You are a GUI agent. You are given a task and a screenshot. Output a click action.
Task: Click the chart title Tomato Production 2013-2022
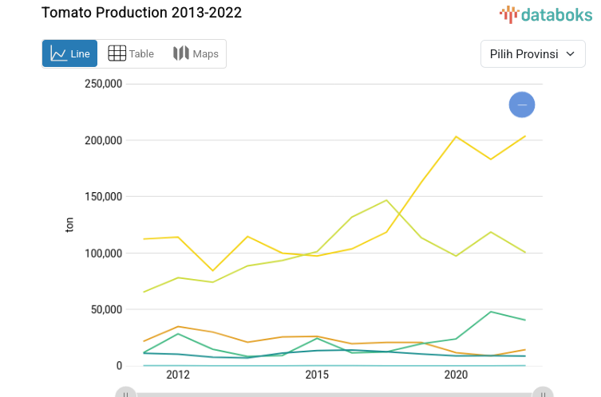[141, 13]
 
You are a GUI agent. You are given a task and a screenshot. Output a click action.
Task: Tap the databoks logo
[546, 14]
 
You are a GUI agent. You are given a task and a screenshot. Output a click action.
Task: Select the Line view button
[70, 54]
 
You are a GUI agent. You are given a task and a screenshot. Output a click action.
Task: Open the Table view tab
[131, 54]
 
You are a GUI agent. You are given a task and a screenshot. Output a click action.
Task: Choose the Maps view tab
[196, 54]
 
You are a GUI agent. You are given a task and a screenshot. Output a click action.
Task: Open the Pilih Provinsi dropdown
[532, 54]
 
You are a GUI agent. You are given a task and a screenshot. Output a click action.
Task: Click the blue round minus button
[522, 104]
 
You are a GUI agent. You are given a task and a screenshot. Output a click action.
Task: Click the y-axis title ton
[69, 226]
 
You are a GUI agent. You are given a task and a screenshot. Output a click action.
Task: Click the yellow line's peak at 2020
[456, 136]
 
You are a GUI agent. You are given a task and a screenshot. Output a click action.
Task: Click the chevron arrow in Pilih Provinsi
[570, 54]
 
